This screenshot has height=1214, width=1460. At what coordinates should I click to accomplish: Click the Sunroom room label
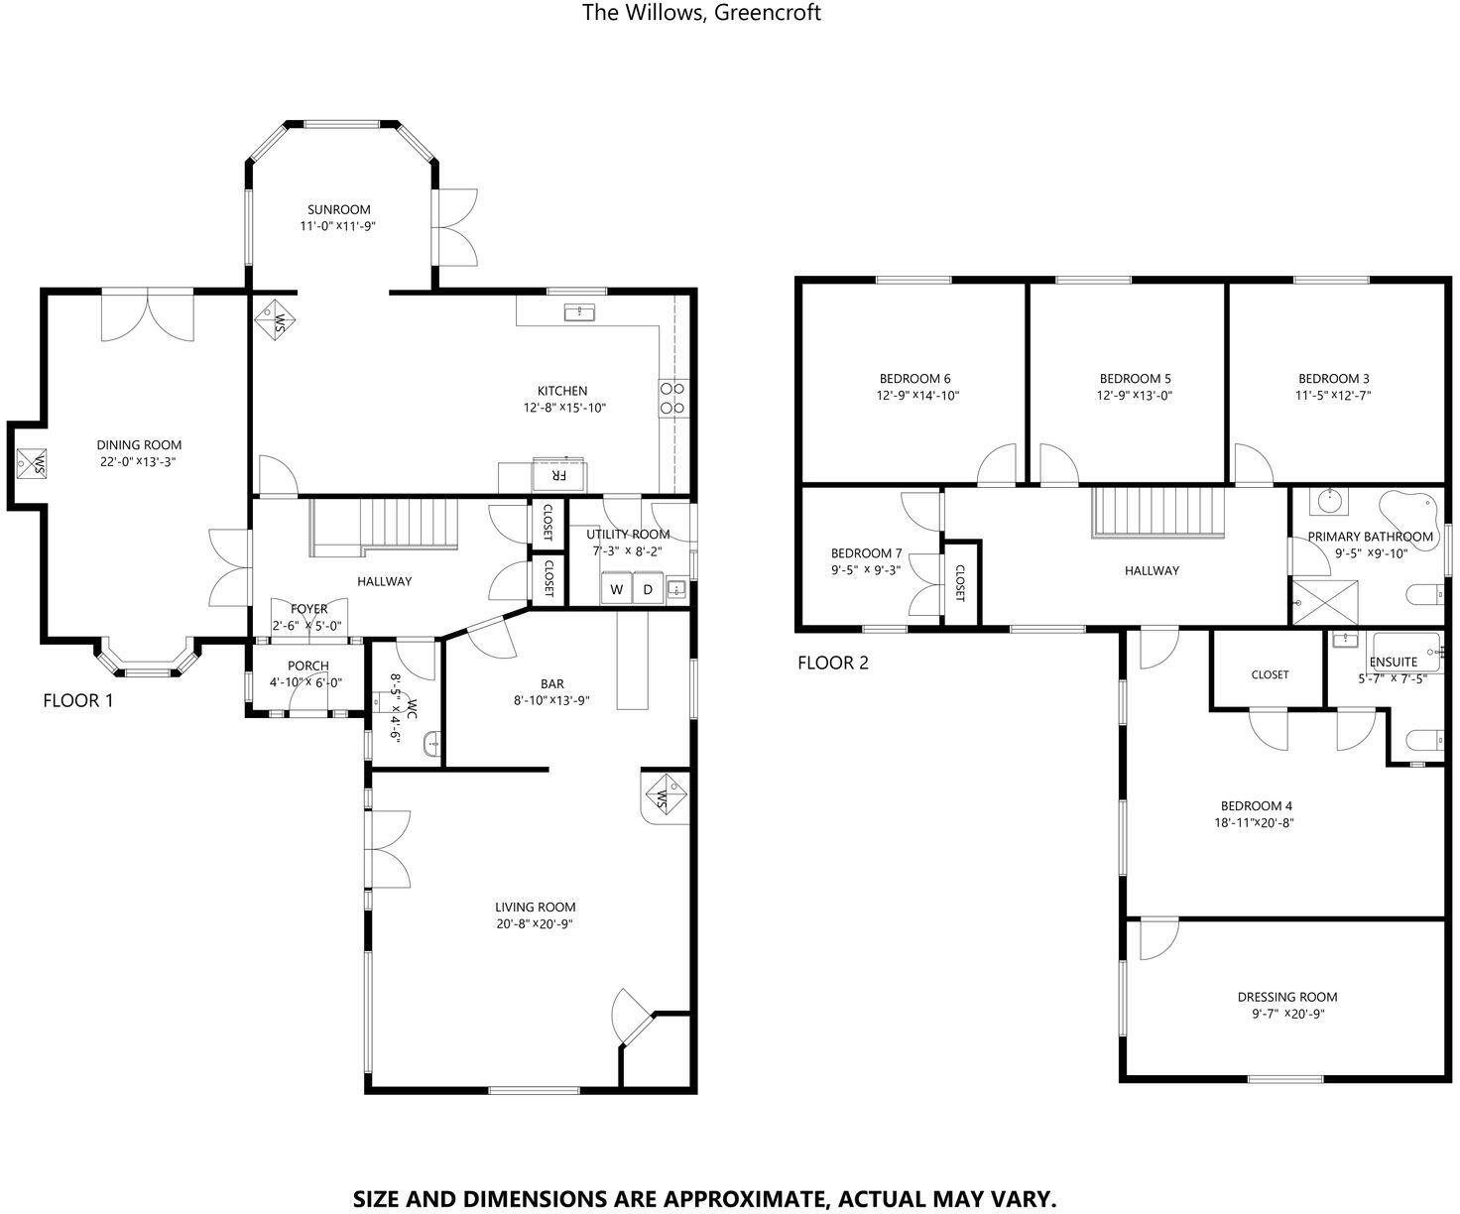339,210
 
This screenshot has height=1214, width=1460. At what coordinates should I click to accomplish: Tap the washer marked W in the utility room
616,588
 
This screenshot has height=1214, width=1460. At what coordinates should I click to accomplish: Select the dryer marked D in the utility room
649,588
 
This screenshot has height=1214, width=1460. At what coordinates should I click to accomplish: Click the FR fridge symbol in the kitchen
558,476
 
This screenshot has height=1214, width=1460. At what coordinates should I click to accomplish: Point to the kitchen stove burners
673,398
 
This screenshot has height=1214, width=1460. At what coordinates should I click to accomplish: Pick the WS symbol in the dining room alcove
32,463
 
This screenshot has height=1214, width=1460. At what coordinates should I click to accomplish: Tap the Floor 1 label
77,700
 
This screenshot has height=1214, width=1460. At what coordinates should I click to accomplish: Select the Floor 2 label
833,663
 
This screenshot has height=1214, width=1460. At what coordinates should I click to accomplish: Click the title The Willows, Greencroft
701,13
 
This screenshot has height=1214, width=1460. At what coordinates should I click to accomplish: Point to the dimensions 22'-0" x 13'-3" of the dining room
137,461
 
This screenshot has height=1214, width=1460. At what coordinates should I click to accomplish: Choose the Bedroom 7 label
866,553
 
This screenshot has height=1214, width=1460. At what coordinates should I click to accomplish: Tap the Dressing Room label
1287,997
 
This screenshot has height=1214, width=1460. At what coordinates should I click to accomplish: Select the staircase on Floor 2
1158,513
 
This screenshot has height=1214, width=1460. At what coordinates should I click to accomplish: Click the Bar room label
552,683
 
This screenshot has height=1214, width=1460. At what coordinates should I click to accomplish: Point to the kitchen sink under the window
579,312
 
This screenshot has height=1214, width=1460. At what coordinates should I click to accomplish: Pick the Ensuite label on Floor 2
1394,662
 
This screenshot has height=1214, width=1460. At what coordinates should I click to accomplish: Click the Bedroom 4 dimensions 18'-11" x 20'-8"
1254,823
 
